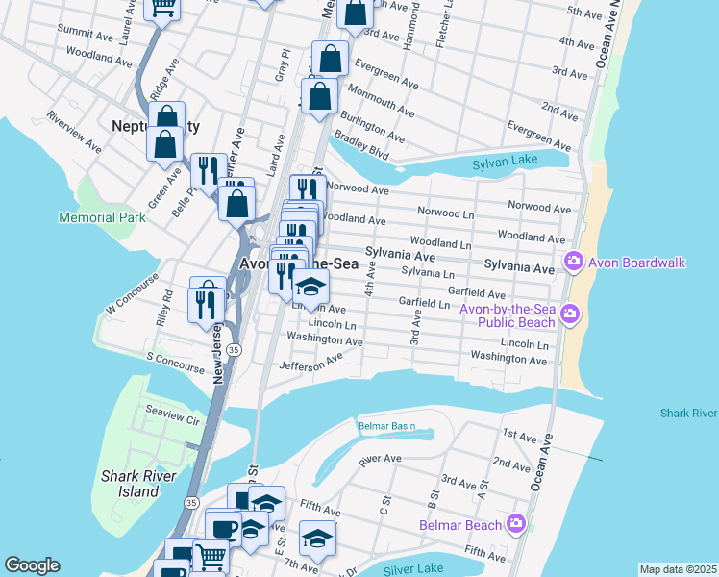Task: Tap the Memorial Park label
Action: click(102, 217)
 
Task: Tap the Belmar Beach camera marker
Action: click(516, 524)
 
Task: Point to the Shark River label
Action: click(688, 414)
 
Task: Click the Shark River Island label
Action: click(130, 484)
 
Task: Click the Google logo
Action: click(32, 565)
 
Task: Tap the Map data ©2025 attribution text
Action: click(677, 569)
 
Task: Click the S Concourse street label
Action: click(175, 362)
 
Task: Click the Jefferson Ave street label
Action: click(310, 361)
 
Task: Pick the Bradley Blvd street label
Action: click(365, 144)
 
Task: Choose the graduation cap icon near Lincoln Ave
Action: click(310, 288)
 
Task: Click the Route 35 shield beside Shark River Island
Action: click(192, 503)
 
